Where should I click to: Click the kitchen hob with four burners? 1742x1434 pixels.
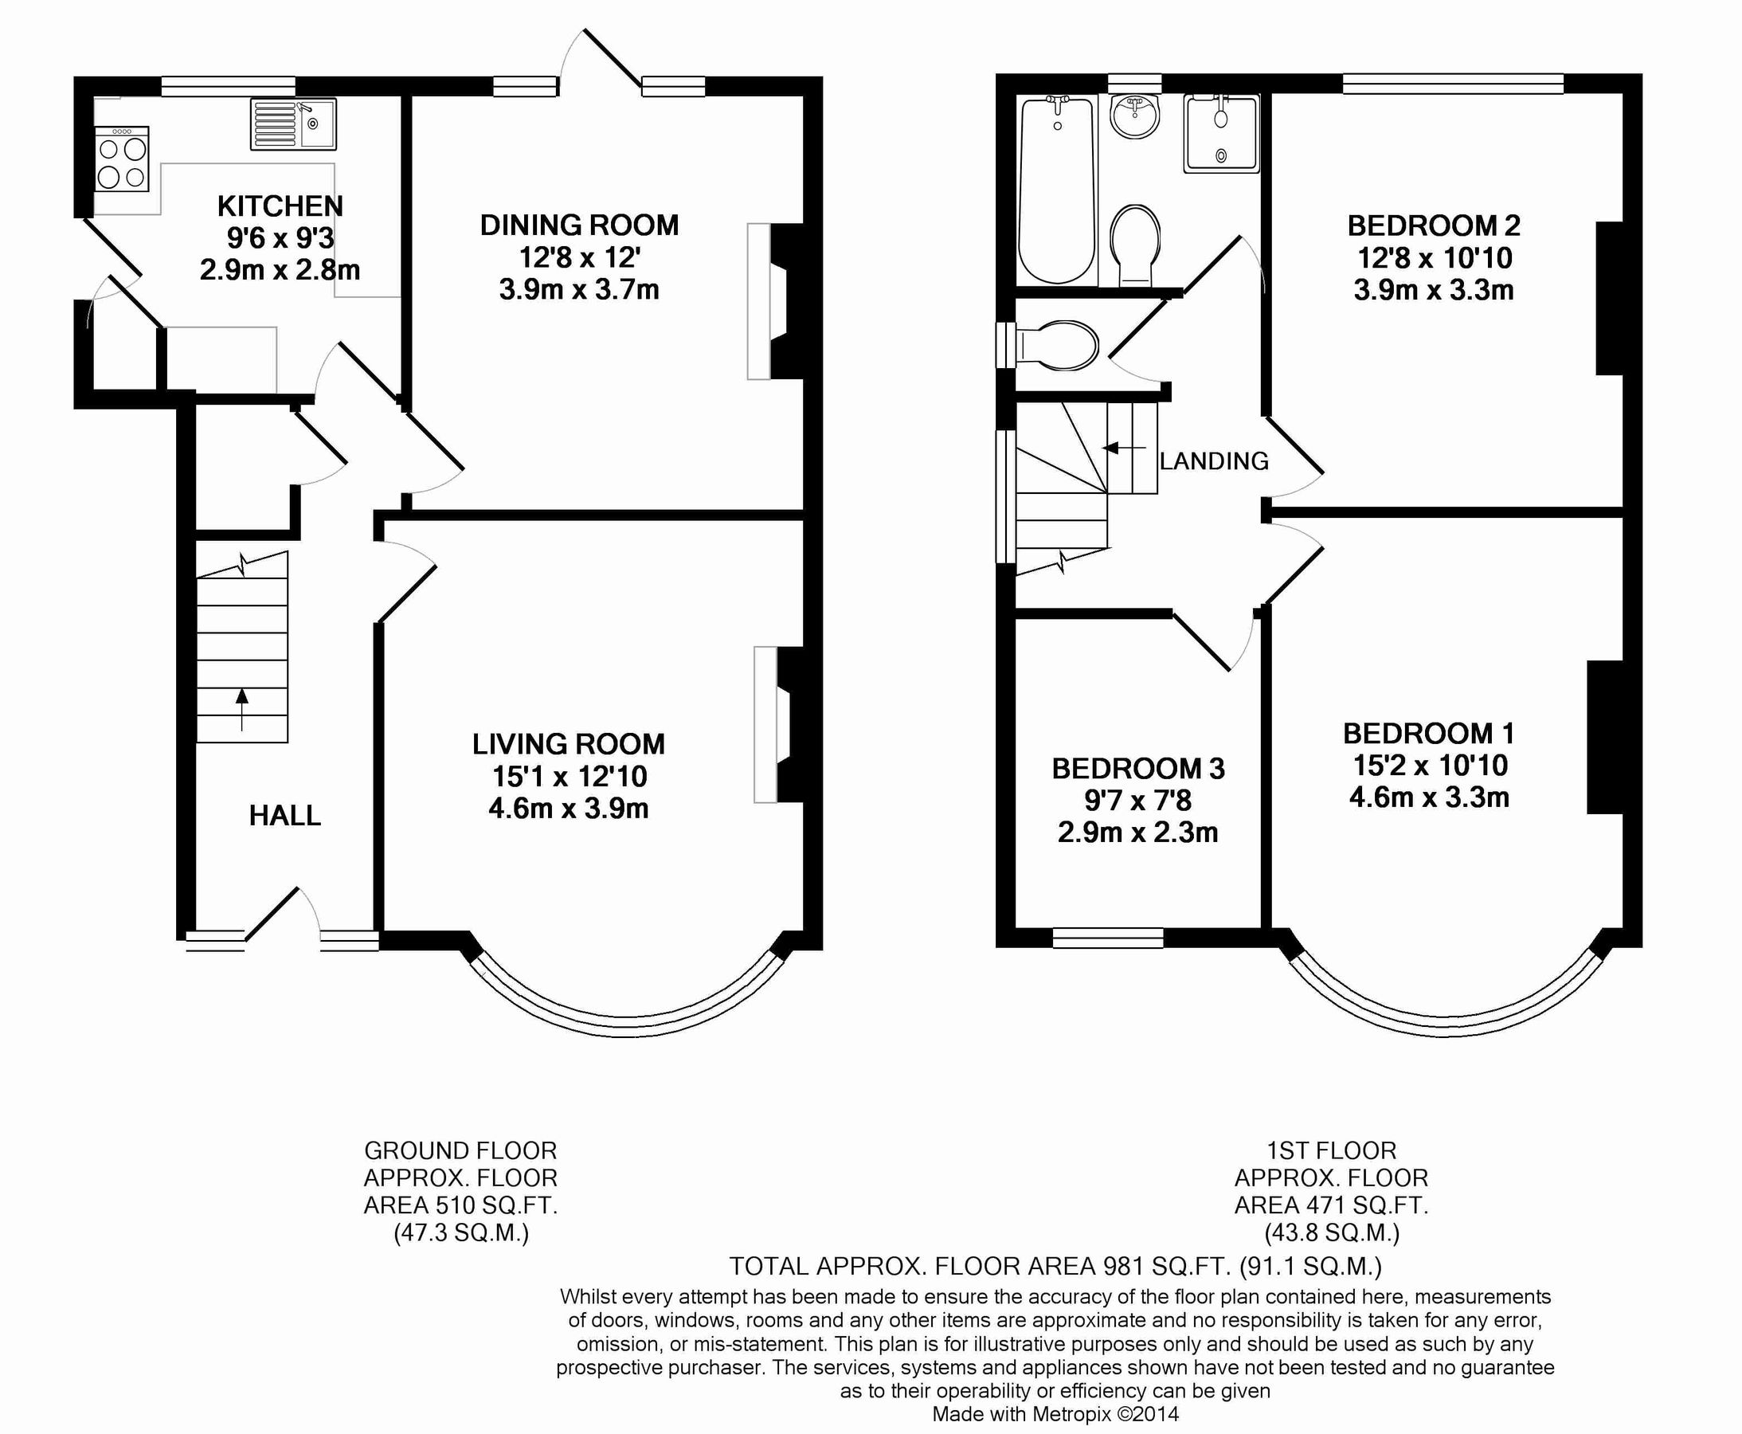coord(122,159)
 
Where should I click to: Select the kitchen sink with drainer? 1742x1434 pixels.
coord(293,125)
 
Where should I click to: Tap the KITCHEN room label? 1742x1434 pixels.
coord(280,206)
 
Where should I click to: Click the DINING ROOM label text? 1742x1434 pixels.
coord(579,225)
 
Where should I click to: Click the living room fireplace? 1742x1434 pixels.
coord(777,724)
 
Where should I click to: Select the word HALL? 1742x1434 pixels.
coord(285,816)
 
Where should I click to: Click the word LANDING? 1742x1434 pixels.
coord(1213,461)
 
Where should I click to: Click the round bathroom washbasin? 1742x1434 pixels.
coord(1135,116)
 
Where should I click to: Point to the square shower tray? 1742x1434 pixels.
coord(1221,134)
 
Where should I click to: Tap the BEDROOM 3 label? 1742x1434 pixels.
coord(1137,768)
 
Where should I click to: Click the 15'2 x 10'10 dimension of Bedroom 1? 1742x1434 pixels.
coord(1430,765)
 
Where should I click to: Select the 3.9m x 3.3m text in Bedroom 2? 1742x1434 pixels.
coord(1433,290)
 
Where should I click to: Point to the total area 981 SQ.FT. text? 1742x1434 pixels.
coord(1055,1265)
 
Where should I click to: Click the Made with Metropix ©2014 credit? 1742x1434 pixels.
coord(1055,1414)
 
